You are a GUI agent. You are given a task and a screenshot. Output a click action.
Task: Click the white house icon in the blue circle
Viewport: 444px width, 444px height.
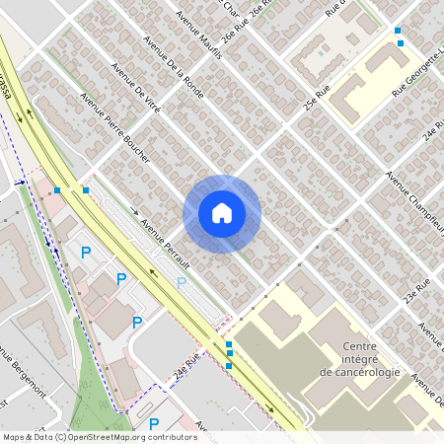point(222,213)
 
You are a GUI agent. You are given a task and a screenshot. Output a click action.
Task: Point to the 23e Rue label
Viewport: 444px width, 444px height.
point(417,291)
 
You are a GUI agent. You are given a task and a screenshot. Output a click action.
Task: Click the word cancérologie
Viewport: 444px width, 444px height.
point(359,372)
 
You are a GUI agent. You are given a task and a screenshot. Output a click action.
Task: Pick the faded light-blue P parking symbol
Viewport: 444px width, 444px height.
point(181,283)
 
